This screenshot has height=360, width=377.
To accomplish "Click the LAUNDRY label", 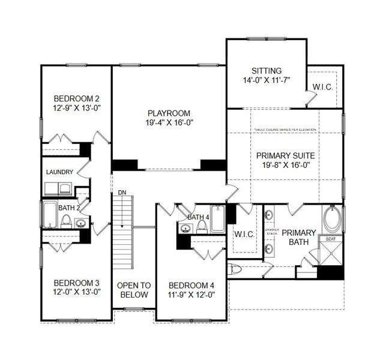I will [59, 172].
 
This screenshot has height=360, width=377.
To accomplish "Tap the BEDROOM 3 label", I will [76, 283].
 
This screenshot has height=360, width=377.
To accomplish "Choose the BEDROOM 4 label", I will [192, 285].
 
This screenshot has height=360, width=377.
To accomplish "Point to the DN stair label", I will [122, 193].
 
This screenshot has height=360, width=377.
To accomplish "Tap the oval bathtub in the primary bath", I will [331, 220].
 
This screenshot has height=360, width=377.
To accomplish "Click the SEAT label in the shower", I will [331, 239].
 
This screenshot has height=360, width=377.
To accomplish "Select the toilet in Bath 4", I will [202, 226].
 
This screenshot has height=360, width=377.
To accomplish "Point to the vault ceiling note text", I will [285, 130].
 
